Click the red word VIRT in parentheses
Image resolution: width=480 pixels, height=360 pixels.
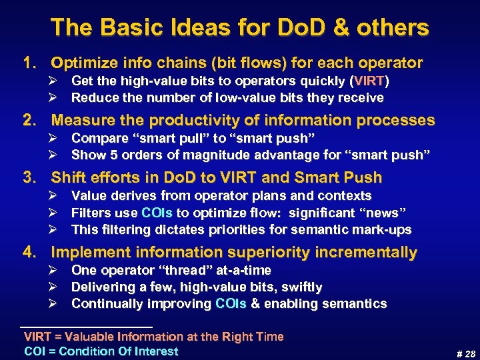(370, 81)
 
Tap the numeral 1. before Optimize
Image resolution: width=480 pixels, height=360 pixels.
(30, 63)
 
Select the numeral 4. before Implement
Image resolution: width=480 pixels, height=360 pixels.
(30, 253)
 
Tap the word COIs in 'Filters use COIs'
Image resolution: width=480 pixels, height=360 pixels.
(157, 213)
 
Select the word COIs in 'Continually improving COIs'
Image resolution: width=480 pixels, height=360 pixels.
(231, 304)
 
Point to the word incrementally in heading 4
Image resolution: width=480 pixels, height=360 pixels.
(363, 253)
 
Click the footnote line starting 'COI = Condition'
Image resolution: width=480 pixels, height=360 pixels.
(101, 351)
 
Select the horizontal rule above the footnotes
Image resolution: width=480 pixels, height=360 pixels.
(87, 325)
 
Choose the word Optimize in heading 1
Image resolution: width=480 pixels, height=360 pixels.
(83, 63)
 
